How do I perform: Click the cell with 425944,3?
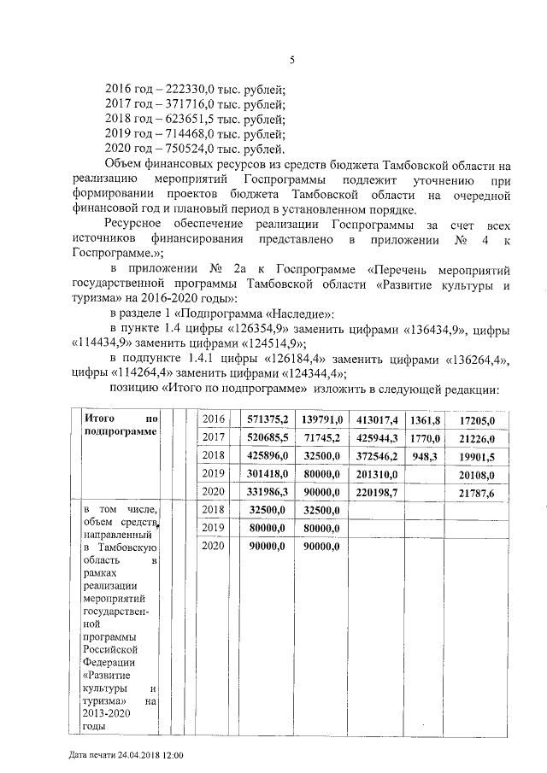[377, 437]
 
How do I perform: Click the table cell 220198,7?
[377, 493]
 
